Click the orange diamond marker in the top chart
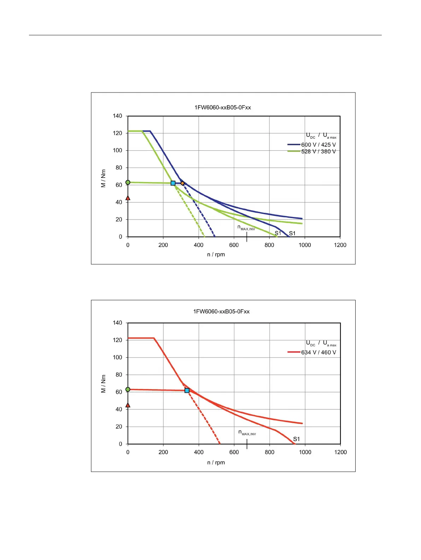click(x=182, y=183)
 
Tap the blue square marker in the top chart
click(x=173, y=183)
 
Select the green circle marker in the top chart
click(x=128, y=182)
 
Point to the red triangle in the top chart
click(x=128, y=198)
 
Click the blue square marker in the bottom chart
click(x=187, y=391)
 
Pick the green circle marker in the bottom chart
click(x=128, y=389)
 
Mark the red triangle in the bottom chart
click(x=128, y=405)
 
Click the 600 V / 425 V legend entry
click(x=318, y=145)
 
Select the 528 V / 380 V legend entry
click(x=318, y=151)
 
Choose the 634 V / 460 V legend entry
click(x=318, y=352)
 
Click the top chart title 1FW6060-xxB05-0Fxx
click(x=223, y=107)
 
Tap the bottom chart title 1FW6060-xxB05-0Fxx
click(x=221, y=311)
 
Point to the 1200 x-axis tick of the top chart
click(x=340, y=245)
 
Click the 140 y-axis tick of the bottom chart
click(x=117, y=323)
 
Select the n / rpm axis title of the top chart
click(x=216, y=254)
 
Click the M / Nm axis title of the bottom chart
click(x=103, y=384)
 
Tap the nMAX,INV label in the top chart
click(x=246, y=228)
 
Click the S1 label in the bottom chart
click(x=296, y=439)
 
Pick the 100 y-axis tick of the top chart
click(x=117, y=150)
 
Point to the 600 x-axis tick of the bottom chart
click(x=234, y=452)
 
